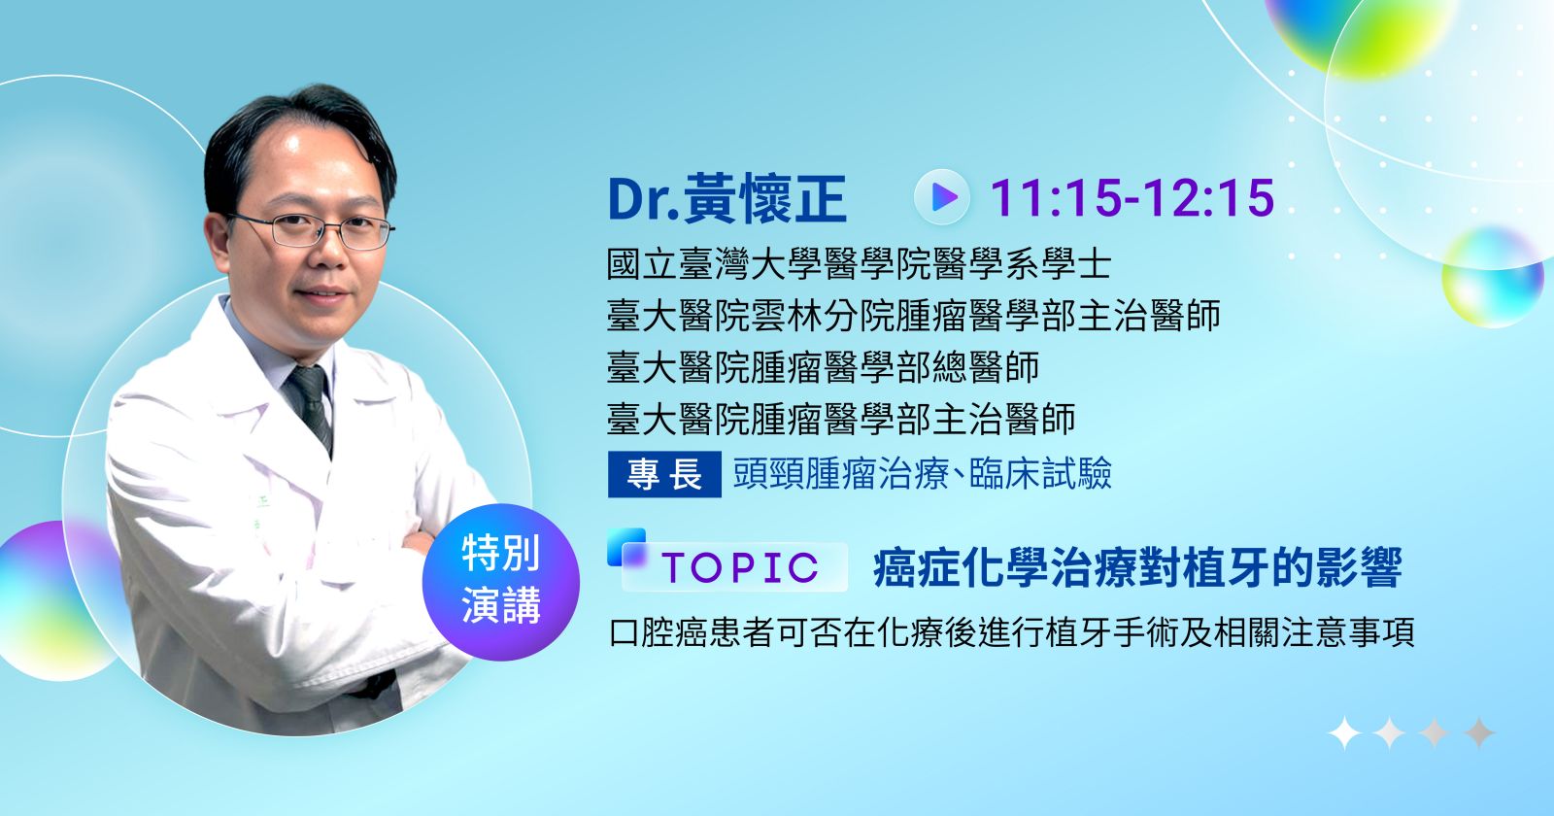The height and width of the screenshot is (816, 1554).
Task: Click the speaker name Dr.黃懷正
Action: coord(726,198)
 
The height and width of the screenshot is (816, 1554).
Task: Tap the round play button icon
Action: coord(941,198)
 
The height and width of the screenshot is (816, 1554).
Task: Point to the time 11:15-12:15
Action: coord(1132,198)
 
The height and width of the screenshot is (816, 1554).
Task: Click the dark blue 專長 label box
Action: coord(664,475)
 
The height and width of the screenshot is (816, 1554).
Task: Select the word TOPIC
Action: coord(740,567)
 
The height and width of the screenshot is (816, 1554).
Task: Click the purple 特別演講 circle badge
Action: coord(501,582)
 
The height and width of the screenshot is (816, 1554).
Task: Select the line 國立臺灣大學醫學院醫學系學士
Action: coord(859,264)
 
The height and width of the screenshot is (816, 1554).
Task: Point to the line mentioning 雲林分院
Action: coord(914,316)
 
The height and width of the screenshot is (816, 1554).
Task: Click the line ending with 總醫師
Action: coord(823,367)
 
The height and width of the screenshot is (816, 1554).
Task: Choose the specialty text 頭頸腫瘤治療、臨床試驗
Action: coord(923,474)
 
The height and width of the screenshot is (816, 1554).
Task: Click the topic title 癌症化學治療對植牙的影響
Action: coord(1137,567)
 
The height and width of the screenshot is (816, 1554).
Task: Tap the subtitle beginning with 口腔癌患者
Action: coord(1011,632)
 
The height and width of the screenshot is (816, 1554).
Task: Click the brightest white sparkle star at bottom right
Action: coord(1344,732)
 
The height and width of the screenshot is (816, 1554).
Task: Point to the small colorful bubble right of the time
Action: coord(1493,277)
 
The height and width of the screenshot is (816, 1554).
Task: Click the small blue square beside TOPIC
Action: coord(625,545)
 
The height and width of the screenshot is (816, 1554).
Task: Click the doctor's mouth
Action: coord(321,291)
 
